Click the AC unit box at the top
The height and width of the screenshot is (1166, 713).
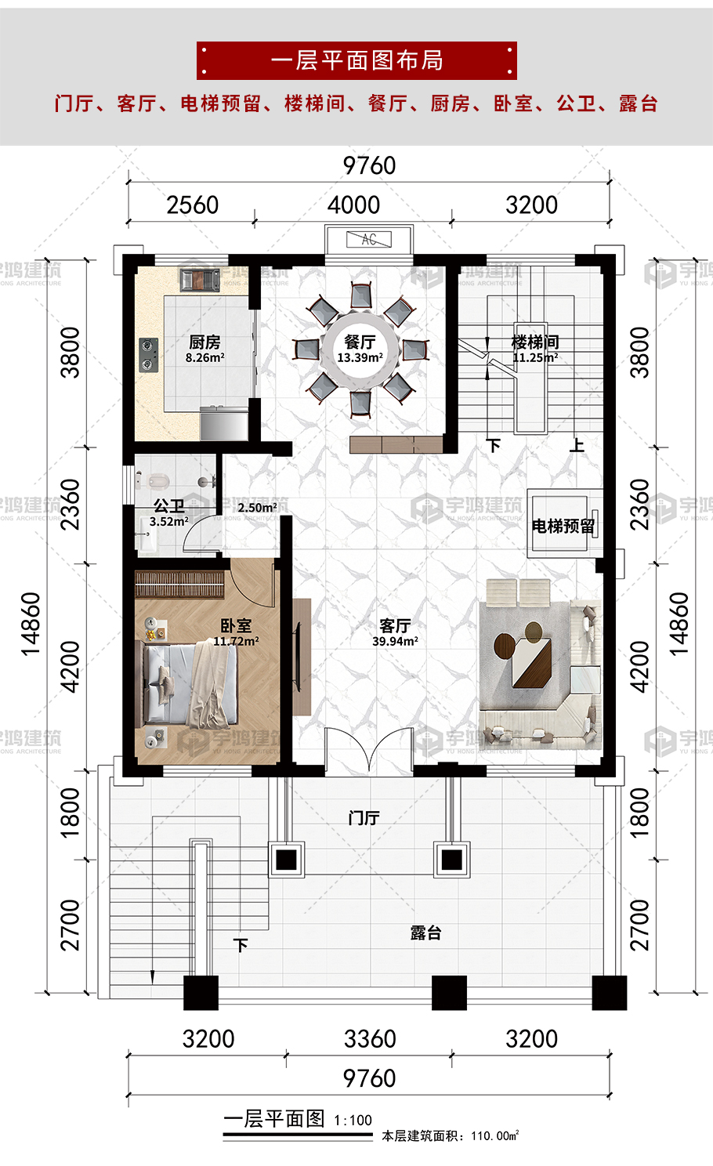pos(369,240)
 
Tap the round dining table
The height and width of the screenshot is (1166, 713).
pos(360,349)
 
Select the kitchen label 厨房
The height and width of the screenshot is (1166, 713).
pos(204,342)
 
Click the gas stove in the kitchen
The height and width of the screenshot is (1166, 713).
pos(149,354)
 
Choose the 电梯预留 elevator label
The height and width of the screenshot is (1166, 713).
pos(563,526)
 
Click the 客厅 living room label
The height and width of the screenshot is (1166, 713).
pos(395,625)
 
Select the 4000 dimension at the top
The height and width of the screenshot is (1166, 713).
pos(353,205)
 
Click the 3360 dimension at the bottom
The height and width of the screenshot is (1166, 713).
pos(370,1038)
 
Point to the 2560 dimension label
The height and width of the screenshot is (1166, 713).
pos(193,205)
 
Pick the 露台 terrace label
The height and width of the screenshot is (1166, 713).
pos(425,932)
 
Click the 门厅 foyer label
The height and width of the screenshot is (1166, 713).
pos(364,818)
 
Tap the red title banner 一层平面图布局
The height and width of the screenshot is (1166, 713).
pos(356,60)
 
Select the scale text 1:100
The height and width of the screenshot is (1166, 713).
pos(353,1121)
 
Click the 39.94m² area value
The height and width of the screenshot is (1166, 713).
pos(395,641)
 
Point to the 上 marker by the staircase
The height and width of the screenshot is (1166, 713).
pos(577,445)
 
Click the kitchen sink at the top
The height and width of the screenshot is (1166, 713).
pos(201,280)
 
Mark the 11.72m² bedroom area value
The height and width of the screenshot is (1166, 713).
pos(237,641)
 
